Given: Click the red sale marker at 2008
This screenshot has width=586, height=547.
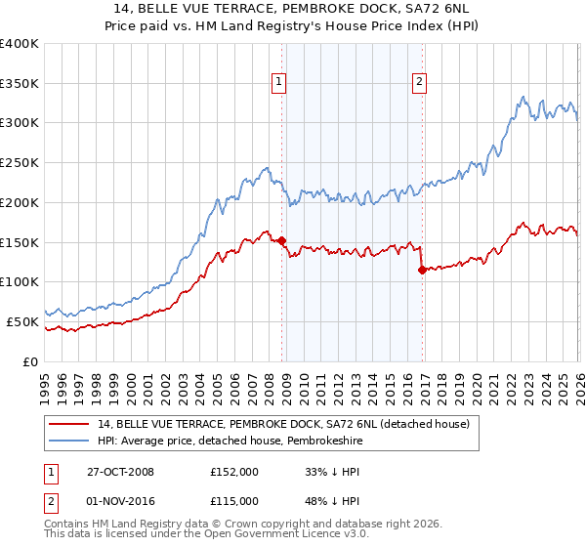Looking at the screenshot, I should coord(282,240).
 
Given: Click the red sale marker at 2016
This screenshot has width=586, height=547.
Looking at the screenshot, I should coord(421,270).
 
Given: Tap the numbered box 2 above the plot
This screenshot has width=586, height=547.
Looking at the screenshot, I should coord(419,83).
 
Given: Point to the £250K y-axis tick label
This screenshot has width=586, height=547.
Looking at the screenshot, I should coord(20,163).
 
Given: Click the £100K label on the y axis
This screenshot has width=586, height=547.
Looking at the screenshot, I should coord(20,282).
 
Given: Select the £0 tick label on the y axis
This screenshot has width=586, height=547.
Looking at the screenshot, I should coord(31,361).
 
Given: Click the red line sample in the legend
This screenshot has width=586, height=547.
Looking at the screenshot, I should coord(70,424).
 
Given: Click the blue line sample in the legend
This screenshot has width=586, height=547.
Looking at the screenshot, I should coord(70,441).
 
